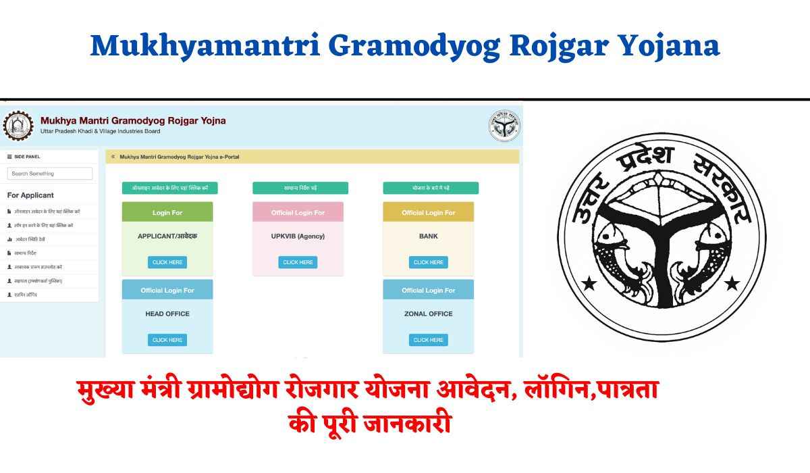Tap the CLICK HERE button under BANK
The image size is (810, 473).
click(429, 262)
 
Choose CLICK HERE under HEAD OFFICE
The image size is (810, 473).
click(167, 340)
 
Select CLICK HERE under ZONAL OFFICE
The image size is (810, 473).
click(429, 340)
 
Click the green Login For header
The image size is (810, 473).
click(167, 212)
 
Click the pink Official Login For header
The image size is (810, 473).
click(298, 212)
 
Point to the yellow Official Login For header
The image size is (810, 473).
click(429, 212)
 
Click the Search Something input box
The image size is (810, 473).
click(50, 174)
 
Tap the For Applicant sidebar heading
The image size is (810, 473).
click(30, 195)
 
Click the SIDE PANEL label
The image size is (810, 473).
click(27, 157)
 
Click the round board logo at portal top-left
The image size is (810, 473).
click(18, 126)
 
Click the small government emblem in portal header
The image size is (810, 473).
click(504, 126)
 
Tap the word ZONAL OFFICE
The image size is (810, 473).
click(429, 314)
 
